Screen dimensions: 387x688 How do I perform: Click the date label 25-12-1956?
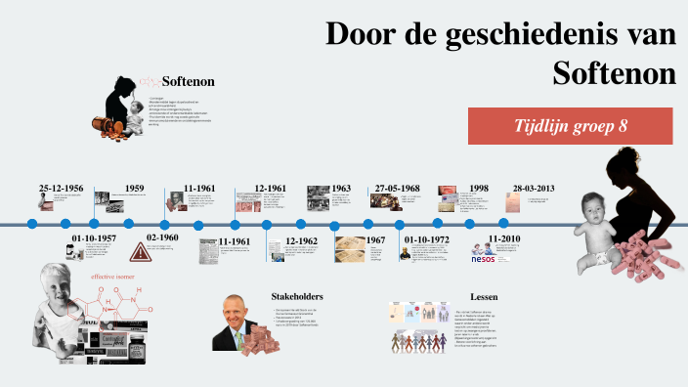[x=61, y=188]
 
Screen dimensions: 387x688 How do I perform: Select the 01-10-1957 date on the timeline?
[x=94, y=237]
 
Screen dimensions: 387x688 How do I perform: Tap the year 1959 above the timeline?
[x=135, y=188]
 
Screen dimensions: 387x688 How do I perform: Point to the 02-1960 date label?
[x=162, y=237]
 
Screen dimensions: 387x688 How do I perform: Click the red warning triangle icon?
[x=141, y=252]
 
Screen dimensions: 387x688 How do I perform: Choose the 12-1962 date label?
[x=301, y=240]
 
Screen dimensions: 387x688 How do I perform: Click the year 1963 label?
[x=341, y=188]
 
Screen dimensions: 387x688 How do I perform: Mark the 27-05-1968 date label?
[x=397, y=188]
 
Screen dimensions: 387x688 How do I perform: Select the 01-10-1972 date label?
[x=427, y=238]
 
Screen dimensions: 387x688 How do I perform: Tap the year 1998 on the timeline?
[x=479, y=188]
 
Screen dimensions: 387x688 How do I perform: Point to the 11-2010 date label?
[x=504, y=238]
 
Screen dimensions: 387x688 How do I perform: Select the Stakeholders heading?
[x=297, y=295]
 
